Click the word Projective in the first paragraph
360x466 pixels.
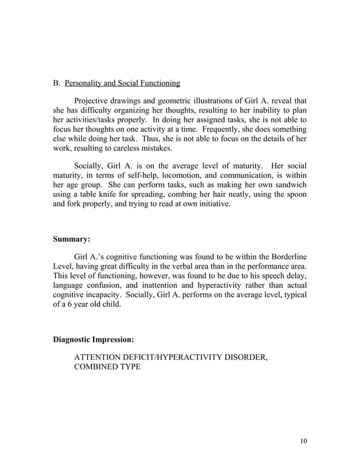[x=93, y=101]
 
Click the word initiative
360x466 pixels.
[x=212, y=204]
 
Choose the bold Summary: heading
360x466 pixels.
[x=72, y=239]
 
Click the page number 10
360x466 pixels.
[x=303, y=441]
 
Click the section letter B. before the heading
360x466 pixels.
[x=56, y=84]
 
